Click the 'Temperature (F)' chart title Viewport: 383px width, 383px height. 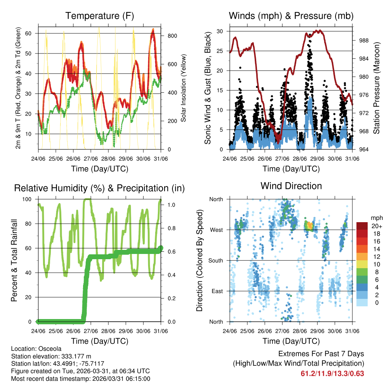(x=99, y=16)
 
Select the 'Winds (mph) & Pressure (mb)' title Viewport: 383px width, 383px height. (x=291, y=16)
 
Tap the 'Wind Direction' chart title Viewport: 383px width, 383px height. (x=291, y=186)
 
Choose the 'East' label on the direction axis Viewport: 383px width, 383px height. (x=217, y=291)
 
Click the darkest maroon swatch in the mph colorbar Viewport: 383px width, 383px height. (x=362, y=226)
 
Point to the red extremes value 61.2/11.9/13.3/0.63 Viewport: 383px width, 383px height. (x=332, y=373)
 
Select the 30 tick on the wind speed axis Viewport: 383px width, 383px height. (x=221, y=31)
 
